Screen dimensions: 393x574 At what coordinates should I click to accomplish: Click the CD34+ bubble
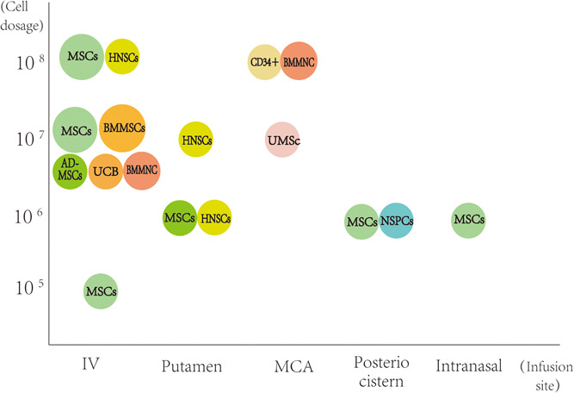click(x=264, y=63)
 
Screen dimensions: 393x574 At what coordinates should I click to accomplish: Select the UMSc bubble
click(x=282, y=140)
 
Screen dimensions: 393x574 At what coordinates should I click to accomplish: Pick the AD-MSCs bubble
click(x=70, y=171)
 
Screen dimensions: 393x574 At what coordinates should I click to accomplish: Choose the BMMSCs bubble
click(x=122, y=128)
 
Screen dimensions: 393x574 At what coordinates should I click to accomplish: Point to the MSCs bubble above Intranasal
click(x=467, y=220)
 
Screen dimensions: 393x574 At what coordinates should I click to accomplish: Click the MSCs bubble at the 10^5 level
click(x=101, y=291)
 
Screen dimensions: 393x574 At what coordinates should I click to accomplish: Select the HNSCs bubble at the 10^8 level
click(x=122, y=57)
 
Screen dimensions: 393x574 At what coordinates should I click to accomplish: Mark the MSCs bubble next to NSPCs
click(x=361, y=221)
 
